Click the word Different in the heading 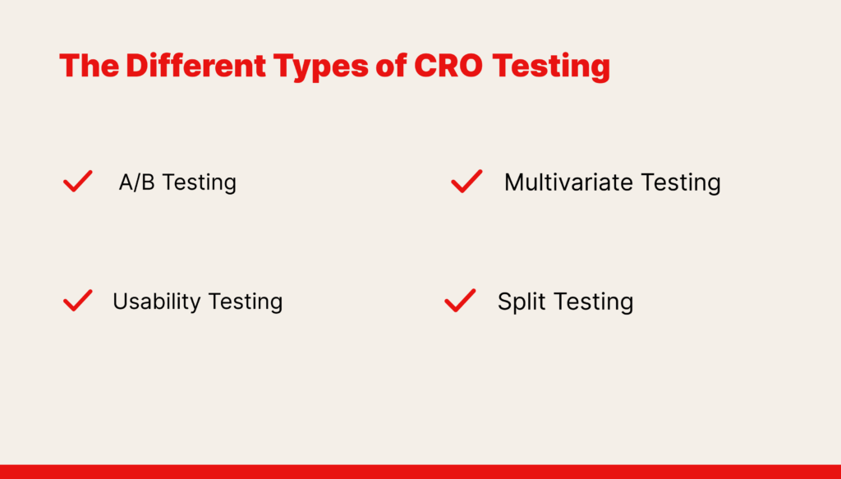coord(195,66)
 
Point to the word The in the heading coord(89,66)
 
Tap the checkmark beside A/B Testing coord(78,182)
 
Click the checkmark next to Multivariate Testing coord(466,182)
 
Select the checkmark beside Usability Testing coord(78,301)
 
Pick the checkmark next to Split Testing coord(460,301)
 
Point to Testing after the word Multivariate coord(681,183)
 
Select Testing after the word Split coord(592,302)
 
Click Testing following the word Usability coord(245,302)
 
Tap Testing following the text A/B coord(200,183)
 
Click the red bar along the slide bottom coord(420,472)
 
